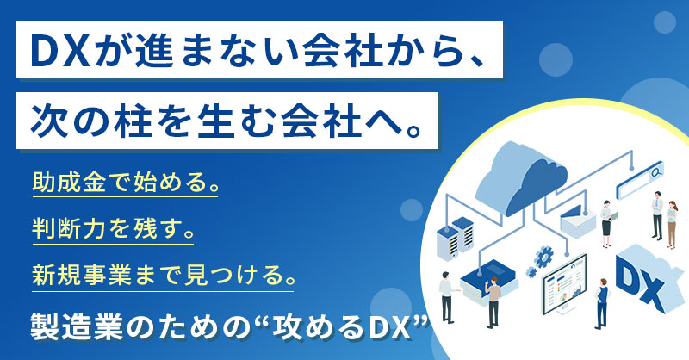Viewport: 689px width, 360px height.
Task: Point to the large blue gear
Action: click(544, 256)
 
